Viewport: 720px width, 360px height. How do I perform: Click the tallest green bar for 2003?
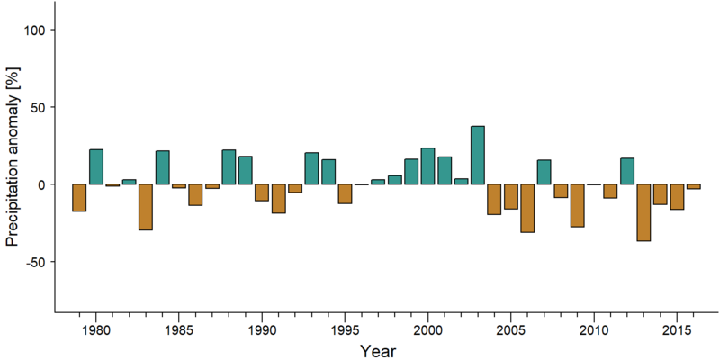478,155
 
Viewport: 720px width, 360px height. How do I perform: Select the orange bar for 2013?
643,212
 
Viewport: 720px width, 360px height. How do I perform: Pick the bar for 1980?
96,166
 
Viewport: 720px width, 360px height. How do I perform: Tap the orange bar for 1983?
146,207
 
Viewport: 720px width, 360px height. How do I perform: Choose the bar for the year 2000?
428,166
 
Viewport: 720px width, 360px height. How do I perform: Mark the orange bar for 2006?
527,209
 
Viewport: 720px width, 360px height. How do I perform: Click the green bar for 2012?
626,171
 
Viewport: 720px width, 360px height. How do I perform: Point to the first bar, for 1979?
79,198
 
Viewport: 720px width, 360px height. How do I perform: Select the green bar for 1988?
229,167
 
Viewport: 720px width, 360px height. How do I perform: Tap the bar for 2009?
577,206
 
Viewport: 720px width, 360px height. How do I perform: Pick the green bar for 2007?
544,172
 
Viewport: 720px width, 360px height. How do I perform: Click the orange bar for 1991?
279,199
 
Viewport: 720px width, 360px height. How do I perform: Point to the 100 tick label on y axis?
38,30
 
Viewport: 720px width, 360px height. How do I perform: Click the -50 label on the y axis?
38,262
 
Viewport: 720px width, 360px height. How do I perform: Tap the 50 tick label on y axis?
40,107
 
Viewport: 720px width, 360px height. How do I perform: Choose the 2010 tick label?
594,330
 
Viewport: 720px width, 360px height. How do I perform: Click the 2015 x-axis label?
677,330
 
